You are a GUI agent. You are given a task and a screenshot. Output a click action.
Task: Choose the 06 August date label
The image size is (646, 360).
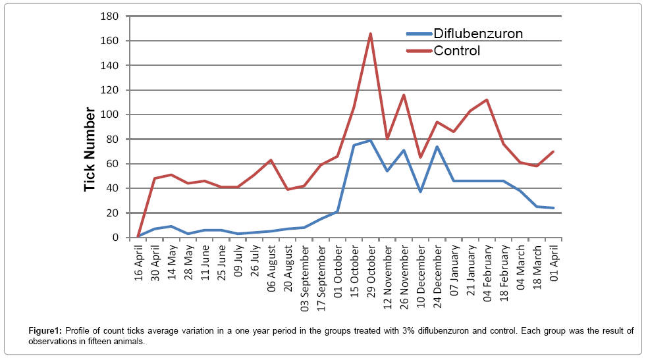(271, 267)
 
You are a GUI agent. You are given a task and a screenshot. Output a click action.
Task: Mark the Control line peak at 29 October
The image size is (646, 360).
(371, 34)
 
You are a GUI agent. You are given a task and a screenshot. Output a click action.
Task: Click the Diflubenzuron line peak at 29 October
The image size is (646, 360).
(371, 140)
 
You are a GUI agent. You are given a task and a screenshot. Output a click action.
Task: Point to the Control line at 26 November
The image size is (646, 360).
(404, 95)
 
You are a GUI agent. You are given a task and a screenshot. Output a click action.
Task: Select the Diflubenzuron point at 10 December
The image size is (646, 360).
(421, 192)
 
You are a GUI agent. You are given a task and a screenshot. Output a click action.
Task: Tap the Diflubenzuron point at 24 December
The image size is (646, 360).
(437, 147)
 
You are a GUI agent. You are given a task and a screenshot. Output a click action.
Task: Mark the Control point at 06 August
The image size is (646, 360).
(271, 160)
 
